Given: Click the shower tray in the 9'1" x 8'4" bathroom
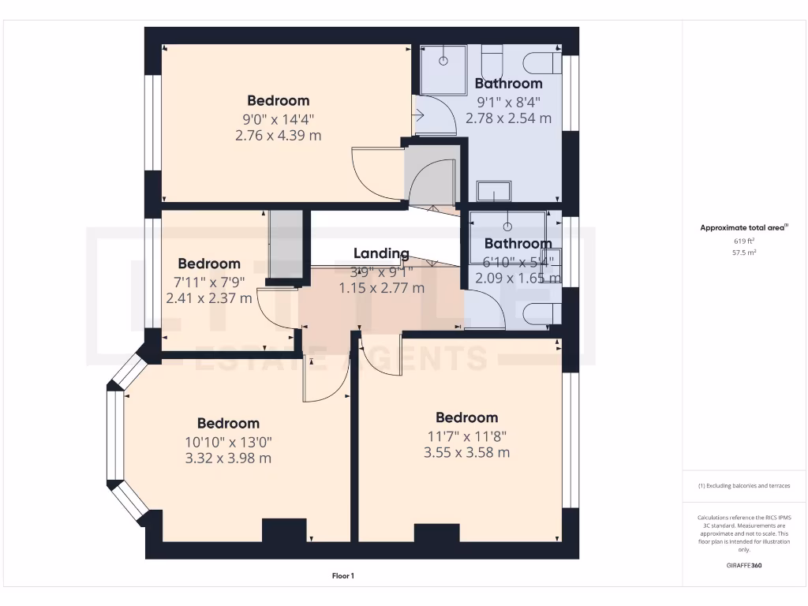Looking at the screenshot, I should pyautogui.click(x=443, y=69).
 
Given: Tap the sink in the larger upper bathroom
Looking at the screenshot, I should pyautogui.click(x=494, y=191).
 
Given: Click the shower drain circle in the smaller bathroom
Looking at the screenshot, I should pyautogui.click(x=507, y=227).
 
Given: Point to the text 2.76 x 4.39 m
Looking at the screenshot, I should pyautogui.click(x=278, y=135).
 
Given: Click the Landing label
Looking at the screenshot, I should pyautogui.click(x=381, y=253).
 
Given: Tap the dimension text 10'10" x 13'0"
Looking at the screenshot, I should pyautogui.click(x=228, y=441).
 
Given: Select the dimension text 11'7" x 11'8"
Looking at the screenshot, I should pyautogui.click(x=466, y=436).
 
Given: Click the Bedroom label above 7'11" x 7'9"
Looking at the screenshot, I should pyautogui.click(x=208, y=264).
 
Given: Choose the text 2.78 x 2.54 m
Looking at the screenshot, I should pyautogui.click(x=508, y=118).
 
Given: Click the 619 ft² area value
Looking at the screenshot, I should pyautogui.click(x=744, y=241).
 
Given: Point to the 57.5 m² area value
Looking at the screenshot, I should pyautogui.click(x=744, y=253).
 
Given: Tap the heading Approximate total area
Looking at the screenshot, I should pyautogui.click(x=744, y=228).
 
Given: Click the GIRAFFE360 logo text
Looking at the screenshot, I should pyautogui.click(x=744, y=565).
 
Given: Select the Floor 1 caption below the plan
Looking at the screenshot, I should pyautogui.click(x=342, y=576).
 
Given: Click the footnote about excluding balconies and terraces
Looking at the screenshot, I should pyautogui.click(x=744, y=485).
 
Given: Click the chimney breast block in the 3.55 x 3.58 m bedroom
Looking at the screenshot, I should pyautogui.click(x=436, y=533).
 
